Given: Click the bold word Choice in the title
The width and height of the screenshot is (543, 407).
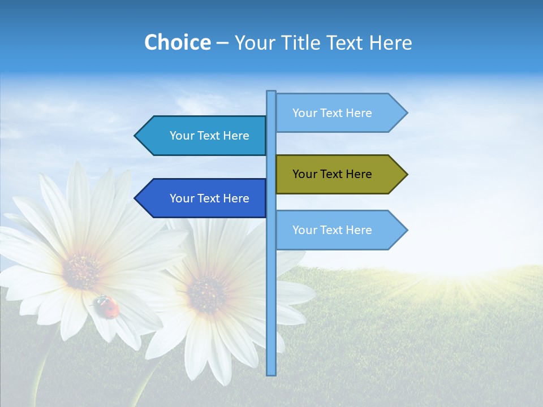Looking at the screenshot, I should coord(177,42).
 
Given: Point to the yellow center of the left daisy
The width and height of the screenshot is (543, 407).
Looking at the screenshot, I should coord(83,270).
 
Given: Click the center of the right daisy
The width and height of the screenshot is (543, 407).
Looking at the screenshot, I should coord(207,292).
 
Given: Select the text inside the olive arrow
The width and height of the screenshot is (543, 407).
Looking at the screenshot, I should coord(332,174).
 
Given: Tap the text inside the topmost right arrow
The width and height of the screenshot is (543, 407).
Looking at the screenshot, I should coord(332,113).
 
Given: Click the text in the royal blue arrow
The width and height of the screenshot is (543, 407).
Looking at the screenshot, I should coord(209,198).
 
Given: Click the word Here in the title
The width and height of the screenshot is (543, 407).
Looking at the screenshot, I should coord(390,42).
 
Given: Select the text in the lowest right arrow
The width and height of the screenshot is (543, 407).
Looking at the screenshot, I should coord(332,230).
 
